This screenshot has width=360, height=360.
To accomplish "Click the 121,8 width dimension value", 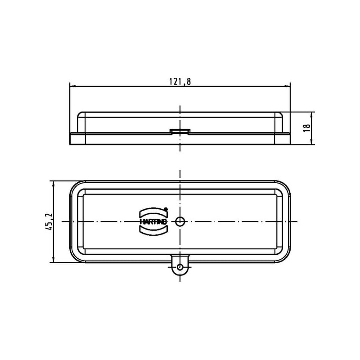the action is click(x=180, y=81).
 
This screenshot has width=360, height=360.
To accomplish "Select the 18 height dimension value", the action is click(x=307, y=128).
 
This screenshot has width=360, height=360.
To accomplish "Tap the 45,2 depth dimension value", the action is click(x=49, y=222).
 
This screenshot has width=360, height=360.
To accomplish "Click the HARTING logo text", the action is click(x=153, y=222).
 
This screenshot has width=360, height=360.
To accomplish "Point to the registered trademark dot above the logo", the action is click(x=166, y=209).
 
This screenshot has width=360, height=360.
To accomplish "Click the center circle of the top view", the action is click(x=180, y=221).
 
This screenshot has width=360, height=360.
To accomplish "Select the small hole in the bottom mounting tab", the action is click(x=180, y=267).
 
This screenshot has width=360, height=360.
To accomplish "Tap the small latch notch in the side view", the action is click(x=180, y=131).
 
